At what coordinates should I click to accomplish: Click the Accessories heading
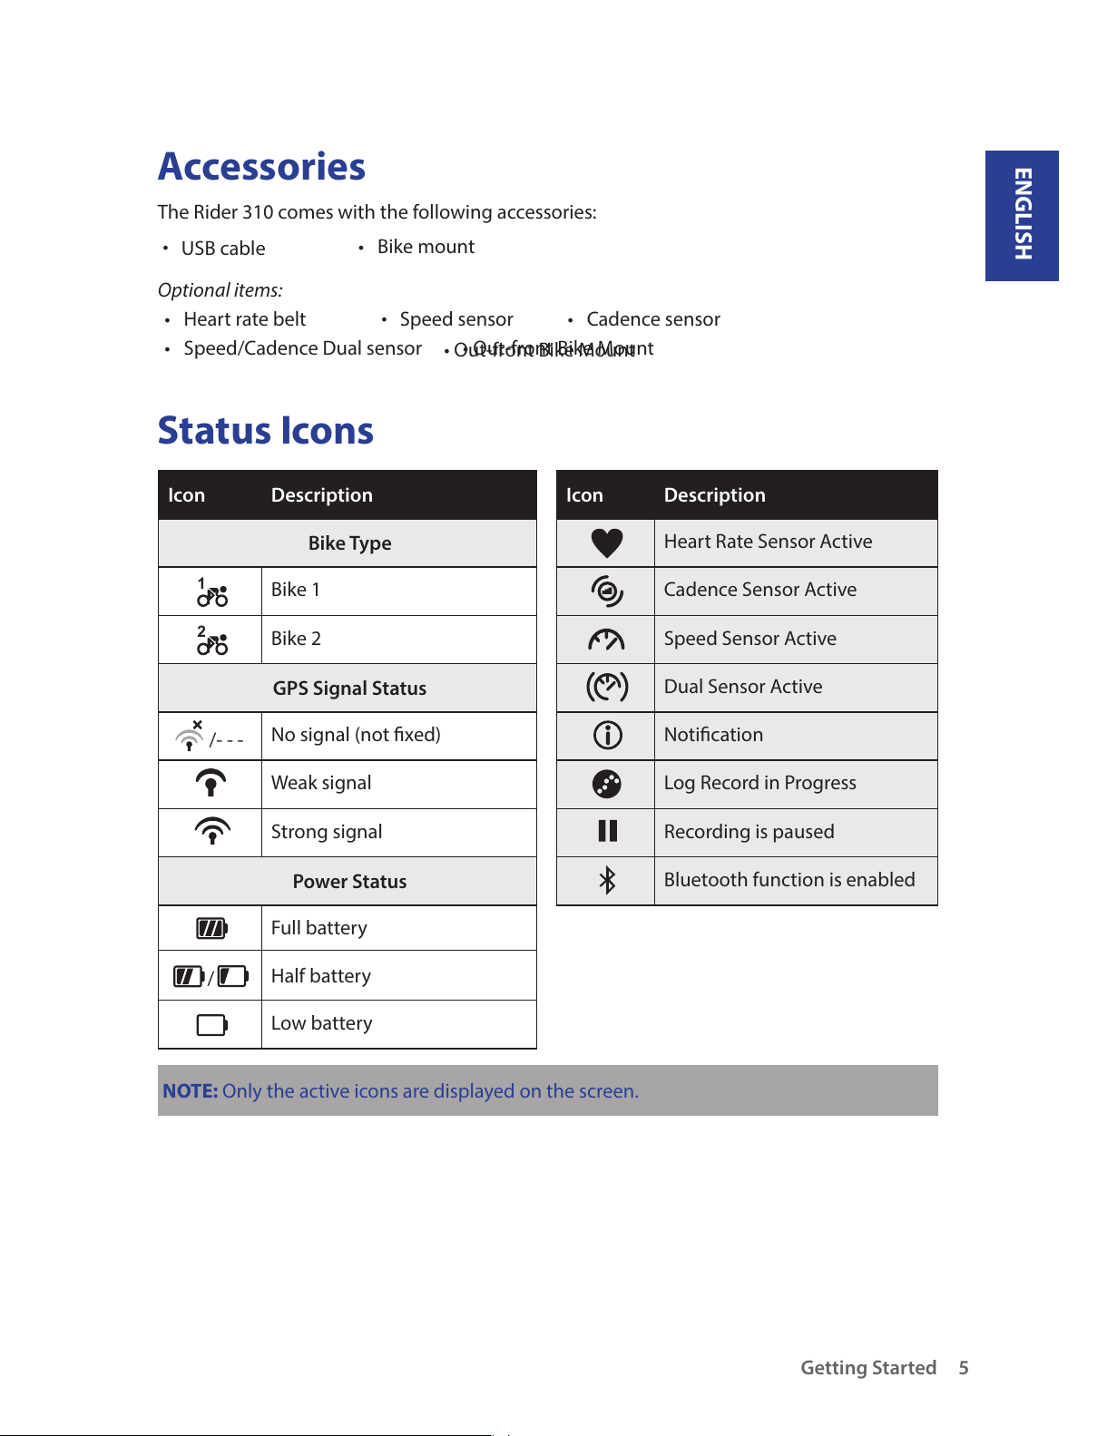click(261, 167)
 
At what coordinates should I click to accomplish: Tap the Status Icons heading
click(265, 431)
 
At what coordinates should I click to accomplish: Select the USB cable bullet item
click(223, 249)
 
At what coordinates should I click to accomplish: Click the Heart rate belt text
click(244, 319)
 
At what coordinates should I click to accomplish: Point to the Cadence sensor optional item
click(652, 319)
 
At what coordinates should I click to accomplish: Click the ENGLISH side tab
click(1022, 215)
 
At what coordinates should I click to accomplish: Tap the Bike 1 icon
click(212, 592)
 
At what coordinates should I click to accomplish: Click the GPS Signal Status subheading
click(349, 689)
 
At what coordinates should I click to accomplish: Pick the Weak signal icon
click(211, 783)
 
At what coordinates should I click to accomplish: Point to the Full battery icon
click(212, 928)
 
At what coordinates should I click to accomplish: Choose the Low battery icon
click(212, 1025)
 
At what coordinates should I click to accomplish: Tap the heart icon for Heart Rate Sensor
click(606, 542)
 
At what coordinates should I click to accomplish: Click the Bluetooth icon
click(607, 880)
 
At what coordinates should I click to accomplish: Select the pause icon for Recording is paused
click(607, 831)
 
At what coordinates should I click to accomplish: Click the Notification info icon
click(607, 735)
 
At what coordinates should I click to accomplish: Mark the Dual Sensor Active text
click(742, 687)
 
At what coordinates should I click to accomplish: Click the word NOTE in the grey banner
click(190, 1091)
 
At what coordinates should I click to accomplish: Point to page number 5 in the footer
click(964, 1368)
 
